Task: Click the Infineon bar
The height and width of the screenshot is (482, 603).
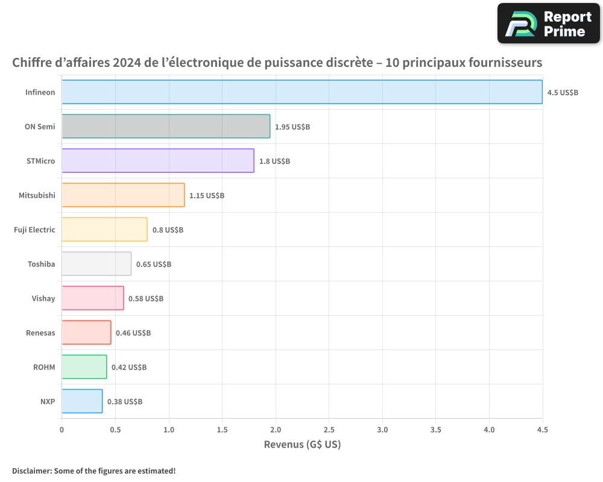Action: pyautogui.click(x=301, y=92)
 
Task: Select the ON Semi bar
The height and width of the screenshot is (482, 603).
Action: pyautogui.click(x=166, y=127)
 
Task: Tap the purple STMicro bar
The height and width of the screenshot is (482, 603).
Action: pyautogui.click(x=158, y=161)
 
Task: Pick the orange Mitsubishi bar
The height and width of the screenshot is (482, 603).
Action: pyautogui.click(x=123, y=195)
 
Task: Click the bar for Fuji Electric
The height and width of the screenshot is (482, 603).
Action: pyautogui.click(x=104, y=230)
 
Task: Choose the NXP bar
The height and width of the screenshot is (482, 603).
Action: pyautogui.click(x=82, y=401)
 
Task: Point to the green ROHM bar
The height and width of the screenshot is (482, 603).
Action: pyautogui.click(x=84, y=367)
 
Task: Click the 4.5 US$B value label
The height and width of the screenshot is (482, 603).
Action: pyautogui.click(x=563, y=93)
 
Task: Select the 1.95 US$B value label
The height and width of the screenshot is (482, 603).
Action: pyautogui.click(x=292, y=127)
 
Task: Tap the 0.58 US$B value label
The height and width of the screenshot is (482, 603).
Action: pyautogui.click(x=146, y=299)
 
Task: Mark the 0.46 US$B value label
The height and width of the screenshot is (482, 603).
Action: pyautogui.click(x=133, y=333)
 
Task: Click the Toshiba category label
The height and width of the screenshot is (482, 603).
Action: pyautogui.click(x=41, y=264)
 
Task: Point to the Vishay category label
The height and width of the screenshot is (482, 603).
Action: pyautogui.click(x=43, y=298)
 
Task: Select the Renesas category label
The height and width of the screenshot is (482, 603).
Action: pyautogui.click(x=40, y=333)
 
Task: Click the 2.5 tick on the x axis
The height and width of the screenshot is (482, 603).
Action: pyautogui.click(x=329, y=430)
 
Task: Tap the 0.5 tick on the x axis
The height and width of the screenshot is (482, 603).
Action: pyautogui.click(x=115, y=430)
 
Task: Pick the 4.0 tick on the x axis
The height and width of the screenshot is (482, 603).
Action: pyautogui.click(x=489, y=430)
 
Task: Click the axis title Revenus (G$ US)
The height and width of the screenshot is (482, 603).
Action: pyautogui.click(x=302, y=445)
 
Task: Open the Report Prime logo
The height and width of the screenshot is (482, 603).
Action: pyautogui.click(x=549, y=23)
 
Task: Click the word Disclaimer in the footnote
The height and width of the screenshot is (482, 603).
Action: pyautogui.click(x=31, y=471)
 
